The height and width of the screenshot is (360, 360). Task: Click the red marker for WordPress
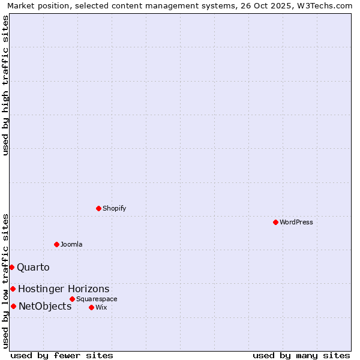click(275, 222)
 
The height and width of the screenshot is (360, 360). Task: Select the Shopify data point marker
click(98, 208)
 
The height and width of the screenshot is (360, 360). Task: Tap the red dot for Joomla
click(56, 244)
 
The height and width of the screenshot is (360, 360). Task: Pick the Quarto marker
click(11, 267)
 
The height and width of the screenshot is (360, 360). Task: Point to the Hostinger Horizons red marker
click(13, 289)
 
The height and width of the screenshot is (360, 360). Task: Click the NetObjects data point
click(13, 306)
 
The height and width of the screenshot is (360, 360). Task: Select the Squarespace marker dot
click(72, 299)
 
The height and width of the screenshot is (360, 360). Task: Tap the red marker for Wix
click(91, 307)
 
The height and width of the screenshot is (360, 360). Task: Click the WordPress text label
click(296, 222)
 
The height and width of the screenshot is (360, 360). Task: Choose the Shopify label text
click(115, 208)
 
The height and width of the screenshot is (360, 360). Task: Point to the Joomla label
click(71, 244)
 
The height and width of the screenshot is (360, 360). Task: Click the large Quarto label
click(33, 267)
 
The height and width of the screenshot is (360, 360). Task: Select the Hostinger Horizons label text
click(64, 289)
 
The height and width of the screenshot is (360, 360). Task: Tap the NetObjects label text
click(45, 307)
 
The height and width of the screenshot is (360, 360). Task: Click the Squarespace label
click(97, 299)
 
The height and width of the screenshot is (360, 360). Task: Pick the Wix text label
click(101, 307)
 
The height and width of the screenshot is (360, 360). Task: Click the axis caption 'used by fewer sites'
click(62, 355)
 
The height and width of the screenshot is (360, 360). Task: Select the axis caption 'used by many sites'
click(301, 355)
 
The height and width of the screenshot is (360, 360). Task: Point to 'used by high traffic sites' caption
click(5, 85)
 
